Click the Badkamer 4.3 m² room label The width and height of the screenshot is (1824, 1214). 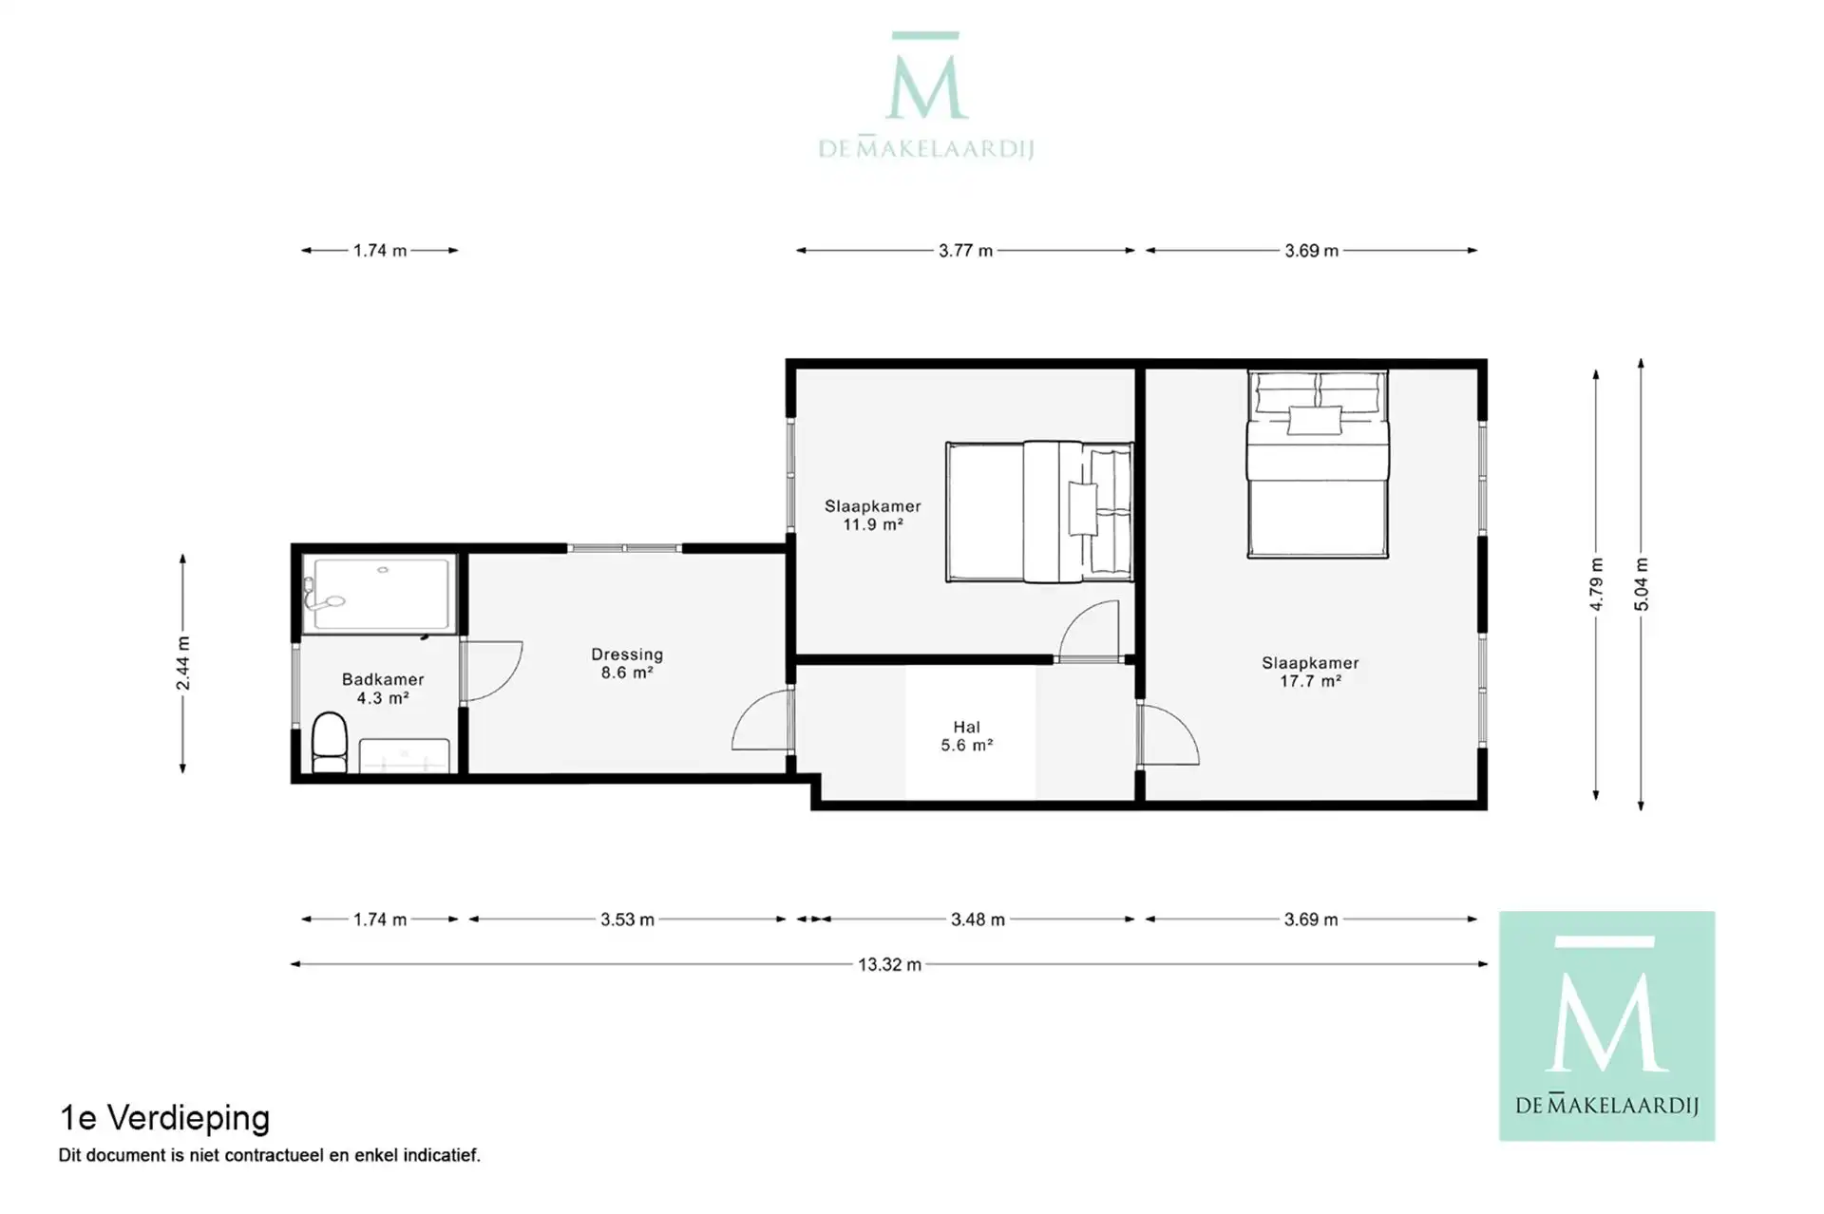(383, 689)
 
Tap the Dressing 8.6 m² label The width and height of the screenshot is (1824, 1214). (627, 663)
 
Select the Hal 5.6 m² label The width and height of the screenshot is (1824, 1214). (967, 736)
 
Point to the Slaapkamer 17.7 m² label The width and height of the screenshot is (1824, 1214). (1310, 672)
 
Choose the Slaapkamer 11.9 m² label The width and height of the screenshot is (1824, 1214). (872, 515)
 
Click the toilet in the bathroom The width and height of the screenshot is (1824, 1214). (330, 743)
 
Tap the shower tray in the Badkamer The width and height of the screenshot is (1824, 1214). (380, 594)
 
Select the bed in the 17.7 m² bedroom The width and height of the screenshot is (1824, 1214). (1318, 464)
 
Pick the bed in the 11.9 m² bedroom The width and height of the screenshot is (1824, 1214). (1039, 511)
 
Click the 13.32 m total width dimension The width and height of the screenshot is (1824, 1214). (889, 964)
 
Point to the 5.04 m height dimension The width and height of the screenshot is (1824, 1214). (1641, 584)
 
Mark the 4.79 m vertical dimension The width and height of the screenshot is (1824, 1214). (1596, 584)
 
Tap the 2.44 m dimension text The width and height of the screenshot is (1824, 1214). (182, 664)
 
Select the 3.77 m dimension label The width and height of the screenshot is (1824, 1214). (965, 251)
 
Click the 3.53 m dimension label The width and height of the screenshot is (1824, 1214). (627, 920)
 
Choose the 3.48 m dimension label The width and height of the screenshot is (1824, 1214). (978, 920)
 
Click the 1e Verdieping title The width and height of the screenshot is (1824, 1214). (164, 1118)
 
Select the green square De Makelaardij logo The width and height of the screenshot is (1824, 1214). (1606, 1026)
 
